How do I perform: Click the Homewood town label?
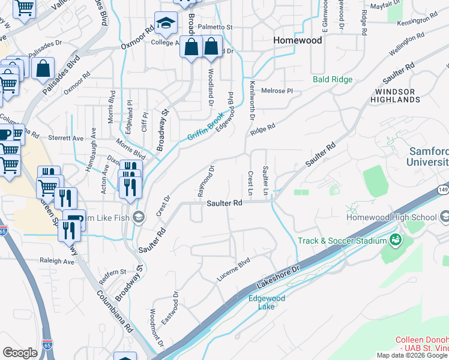pyautogui.click(x=297, y=41)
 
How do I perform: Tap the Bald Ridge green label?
pyautogui.click(x=332, y=79)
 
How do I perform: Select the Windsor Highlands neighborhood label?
pyautogui.click(x=394, y=95)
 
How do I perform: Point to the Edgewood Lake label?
pyautogui.click(x=267, y=302)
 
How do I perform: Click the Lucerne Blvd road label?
pyautogui.click(x=233, y=271)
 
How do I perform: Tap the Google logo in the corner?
pyautogui.click(x=20, y=352)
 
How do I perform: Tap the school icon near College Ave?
pyautogui.click(x=164, y=23)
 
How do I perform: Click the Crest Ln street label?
pyautogui.click(x=250, y=182)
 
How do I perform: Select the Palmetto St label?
pyautogui.click(x=217, y=28)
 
